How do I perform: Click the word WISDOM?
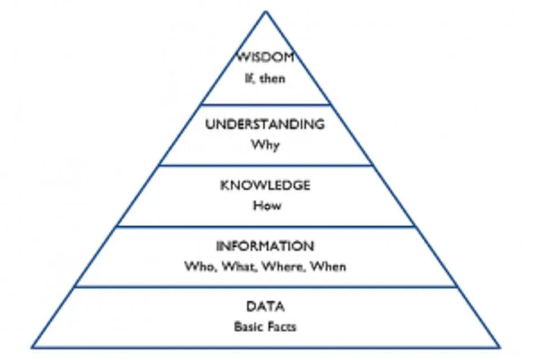point(265,58)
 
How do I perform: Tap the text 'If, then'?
point(265,78)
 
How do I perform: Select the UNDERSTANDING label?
point(265,124)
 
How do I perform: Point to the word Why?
point(265,145)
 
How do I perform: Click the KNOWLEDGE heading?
point(265,185)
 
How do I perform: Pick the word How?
point(266,205)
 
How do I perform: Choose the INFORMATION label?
point(265,246)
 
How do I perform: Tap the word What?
point(239,267)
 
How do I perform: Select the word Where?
point(283,267)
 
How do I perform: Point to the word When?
point(329,267)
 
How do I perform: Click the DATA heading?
point(265,307)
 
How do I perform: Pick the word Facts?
point(282,326)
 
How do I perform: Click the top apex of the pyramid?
point(265,12)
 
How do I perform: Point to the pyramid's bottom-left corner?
point(32,347)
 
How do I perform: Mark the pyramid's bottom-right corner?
point(499,347)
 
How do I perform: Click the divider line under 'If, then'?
point(265,104)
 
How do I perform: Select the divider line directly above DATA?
point(265,287)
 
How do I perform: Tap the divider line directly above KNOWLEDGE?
point(265,165)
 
